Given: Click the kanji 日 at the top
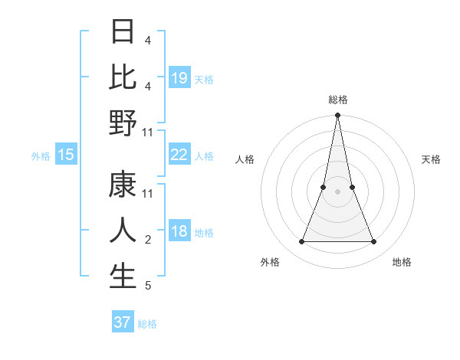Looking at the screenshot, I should click(123, 32).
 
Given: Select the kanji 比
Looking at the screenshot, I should click(123, 77).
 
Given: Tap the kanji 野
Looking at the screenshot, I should click(123, 123).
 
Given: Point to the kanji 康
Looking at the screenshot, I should click(123, 185).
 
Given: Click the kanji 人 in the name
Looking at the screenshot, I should click(123, 231).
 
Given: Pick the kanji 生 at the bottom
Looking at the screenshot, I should click(123, 277).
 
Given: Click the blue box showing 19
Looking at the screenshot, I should click(179, 78).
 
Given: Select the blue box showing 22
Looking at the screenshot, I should click(179, 155).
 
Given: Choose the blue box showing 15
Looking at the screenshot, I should click(66, 155).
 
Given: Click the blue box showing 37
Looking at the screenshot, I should click(122, 322).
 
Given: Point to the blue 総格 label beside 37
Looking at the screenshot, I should click(147, 324).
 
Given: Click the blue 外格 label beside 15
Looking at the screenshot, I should click(41, 156).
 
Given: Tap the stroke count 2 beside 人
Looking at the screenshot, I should click(148, 240).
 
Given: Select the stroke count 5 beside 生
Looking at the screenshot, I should click(148, 286).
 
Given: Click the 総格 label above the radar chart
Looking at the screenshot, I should click(337, 100).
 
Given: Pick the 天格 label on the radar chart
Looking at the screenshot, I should click(432, 159).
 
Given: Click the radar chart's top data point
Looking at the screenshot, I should click(337, 116).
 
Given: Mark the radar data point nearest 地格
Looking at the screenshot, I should click(374, 242).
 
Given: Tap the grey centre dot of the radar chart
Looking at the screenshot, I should click(337, 192).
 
